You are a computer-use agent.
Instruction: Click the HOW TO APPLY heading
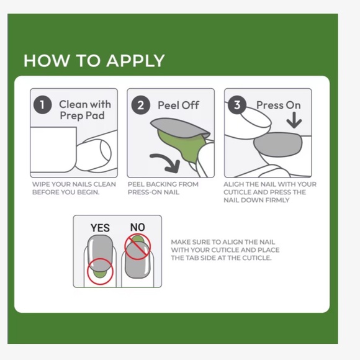94,61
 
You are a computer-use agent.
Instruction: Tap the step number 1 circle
42,105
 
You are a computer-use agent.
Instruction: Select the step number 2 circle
140,105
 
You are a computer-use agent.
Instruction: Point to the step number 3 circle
237,105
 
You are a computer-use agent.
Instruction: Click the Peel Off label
178,106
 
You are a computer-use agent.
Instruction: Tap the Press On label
278,105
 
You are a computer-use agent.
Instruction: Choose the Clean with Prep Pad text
84,110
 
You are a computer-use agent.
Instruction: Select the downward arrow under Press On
294,120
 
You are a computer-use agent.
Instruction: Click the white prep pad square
53,149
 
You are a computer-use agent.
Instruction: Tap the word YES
100,228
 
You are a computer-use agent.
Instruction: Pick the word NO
138,227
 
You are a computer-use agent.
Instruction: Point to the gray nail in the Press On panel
278,145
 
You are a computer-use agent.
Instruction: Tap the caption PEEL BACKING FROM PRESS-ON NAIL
163,188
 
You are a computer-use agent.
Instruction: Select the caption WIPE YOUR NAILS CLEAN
74,184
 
